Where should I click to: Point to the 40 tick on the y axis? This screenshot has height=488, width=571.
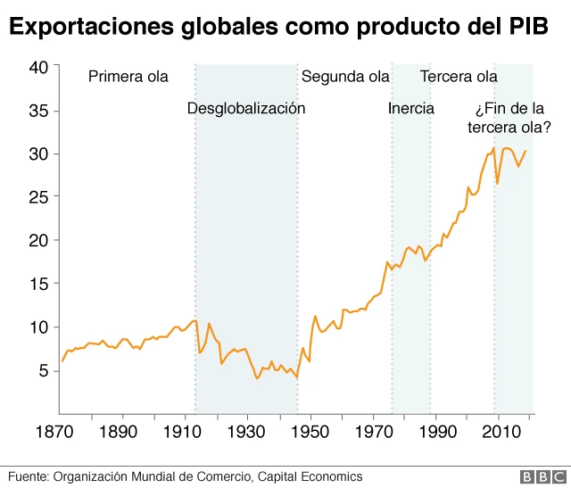(38, 67)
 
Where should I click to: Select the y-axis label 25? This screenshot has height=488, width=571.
(38, 197)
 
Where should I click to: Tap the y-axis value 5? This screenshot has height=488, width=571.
(43, 371)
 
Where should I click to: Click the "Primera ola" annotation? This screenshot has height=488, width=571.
(128, 77)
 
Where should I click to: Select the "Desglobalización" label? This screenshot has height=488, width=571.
(246, 109)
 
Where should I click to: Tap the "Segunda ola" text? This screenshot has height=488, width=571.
(345, 77)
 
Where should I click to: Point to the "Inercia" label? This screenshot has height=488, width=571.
(411, 109)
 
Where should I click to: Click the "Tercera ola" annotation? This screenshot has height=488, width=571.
(459, 77)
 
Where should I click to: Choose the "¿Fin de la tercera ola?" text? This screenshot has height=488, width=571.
(509, 119)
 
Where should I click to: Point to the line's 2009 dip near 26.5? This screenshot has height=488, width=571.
(497, 183)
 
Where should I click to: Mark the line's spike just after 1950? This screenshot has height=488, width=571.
(315, 316)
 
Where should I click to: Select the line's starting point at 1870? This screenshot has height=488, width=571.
(62, 361)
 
